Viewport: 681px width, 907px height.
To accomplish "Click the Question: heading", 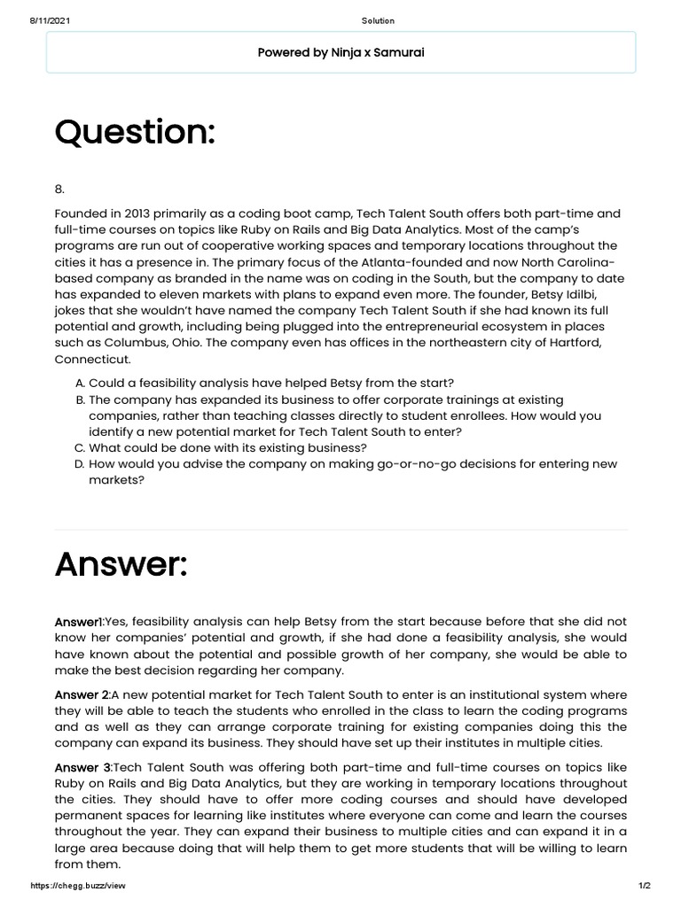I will point(135,133).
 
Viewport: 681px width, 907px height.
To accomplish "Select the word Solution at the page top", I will point(379,20).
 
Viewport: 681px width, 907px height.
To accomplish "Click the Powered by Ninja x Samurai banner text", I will point(340,52).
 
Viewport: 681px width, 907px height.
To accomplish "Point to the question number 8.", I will point(59,188).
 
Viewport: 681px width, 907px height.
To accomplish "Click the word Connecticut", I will point(92,360).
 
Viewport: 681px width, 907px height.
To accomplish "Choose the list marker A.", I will point(80,383).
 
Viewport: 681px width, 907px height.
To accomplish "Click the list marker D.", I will point(80,464).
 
